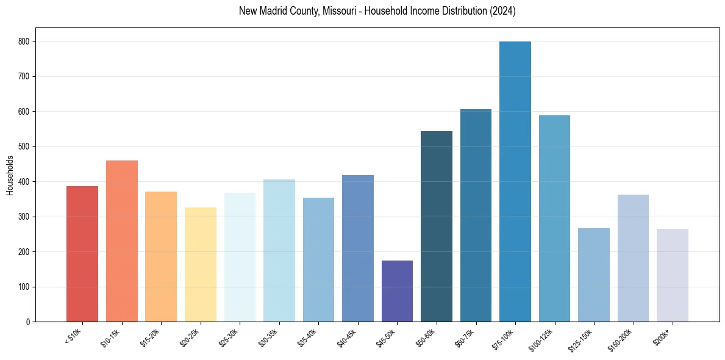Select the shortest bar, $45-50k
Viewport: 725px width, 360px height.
397,291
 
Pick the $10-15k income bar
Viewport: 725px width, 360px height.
122,241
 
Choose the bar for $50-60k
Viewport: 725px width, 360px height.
437,226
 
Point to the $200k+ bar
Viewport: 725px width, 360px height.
672,275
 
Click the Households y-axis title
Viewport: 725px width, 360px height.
10,175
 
